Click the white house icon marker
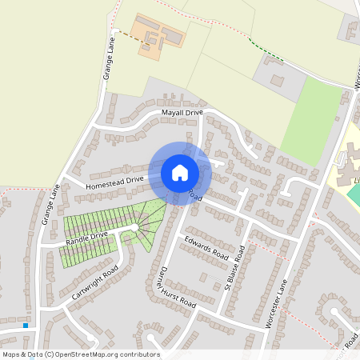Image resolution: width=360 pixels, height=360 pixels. [180, 172]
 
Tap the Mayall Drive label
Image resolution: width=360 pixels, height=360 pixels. [182, 113]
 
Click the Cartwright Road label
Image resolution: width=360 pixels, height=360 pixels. [95, 282]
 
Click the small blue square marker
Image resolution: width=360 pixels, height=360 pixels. [26, 326]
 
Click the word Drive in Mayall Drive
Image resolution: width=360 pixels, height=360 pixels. [194, 113]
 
